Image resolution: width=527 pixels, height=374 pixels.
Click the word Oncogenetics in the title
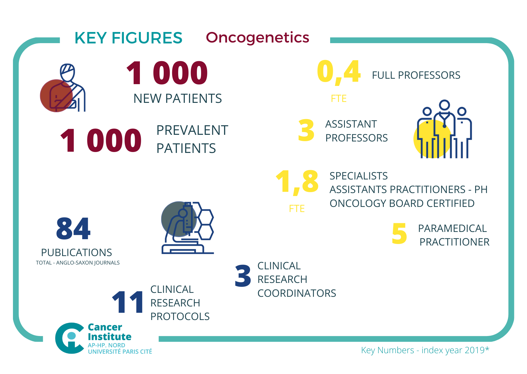(x=257, y=38)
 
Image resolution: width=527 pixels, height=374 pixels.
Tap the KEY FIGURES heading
(x=128, y=38)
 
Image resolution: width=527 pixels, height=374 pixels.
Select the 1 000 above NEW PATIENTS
(x=167, y=73)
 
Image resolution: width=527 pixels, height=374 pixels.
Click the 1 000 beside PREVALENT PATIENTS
(x=101, y=140)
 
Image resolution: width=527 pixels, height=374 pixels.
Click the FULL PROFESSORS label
(x=416, y=75)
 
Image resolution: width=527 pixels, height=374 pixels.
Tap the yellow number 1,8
(x=297, y=182)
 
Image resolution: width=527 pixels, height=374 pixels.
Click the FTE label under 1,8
(x=297, y=208)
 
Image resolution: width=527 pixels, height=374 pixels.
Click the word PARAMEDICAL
(x=452, y=228)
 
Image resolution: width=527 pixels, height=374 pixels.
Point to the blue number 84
(x=73, y=229)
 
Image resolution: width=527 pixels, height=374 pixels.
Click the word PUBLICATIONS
(x=76, y=252)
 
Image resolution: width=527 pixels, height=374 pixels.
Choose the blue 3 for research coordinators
(x=243, y=276)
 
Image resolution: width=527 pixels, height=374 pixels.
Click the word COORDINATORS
(x=297, y=293)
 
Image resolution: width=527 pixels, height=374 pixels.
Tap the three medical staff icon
(x=443, y=130)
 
